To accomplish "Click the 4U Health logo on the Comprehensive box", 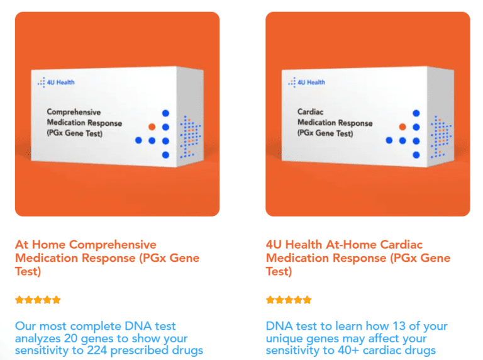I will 56,82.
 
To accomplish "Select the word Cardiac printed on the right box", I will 310,113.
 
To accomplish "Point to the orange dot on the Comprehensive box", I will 152,127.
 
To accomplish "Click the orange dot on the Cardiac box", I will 402,127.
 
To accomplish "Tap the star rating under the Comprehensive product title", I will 38,300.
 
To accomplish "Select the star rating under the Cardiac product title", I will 289,300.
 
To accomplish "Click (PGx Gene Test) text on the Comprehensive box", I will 74,133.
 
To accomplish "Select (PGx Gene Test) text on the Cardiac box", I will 325,133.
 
